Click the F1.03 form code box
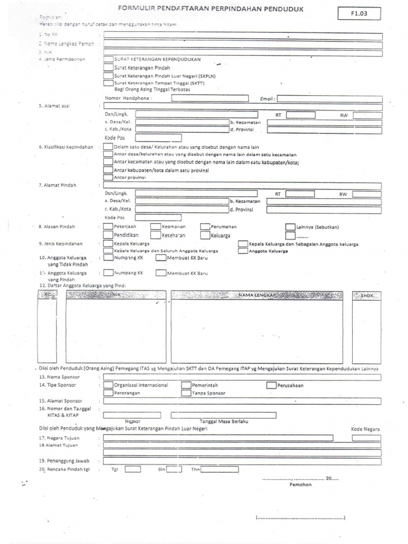click(x=359, y=14)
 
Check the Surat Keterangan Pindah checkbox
click(x=108, y=68)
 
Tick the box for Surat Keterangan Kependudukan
click(x=108, y=60)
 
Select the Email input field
click(x=329, y=99)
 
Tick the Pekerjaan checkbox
click(x=108, y=227)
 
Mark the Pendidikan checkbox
click(x=108, y=234)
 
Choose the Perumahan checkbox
click(x=205, y=227)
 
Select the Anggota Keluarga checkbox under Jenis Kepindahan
click(x=243, y=251)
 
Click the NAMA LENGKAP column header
click(x=254, y=295)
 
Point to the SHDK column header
click(x=367, y=295)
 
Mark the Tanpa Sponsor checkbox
click(x=186, y=393)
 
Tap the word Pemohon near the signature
click(x=300, y=484)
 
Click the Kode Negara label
click(x=365, y=429)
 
